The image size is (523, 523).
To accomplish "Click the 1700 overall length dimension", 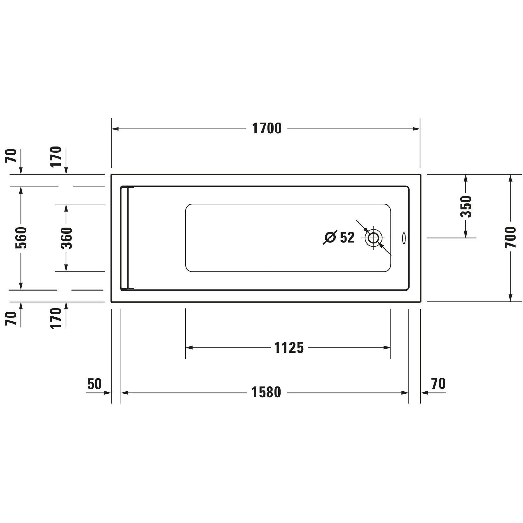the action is tap(267, 129).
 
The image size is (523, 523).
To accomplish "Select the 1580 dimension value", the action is tap(266, 393).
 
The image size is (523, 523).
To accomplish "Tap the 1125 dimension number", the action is tap(289, 348).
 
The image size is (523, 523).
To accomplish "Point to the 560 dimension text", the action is tap(21, 238).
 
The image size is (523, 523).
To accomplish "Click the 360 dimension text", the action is tap(67, 238).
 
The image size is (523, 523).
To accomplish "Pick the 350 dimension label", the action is tap(466, 207).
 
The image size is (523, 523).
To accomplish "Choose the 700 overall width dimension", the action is tap(510, 237).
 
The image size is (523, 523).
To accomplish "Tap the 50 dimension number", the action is tap(94, 384).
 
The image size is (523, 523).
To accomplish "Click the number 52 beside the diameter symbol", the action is tap(347, 238).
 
